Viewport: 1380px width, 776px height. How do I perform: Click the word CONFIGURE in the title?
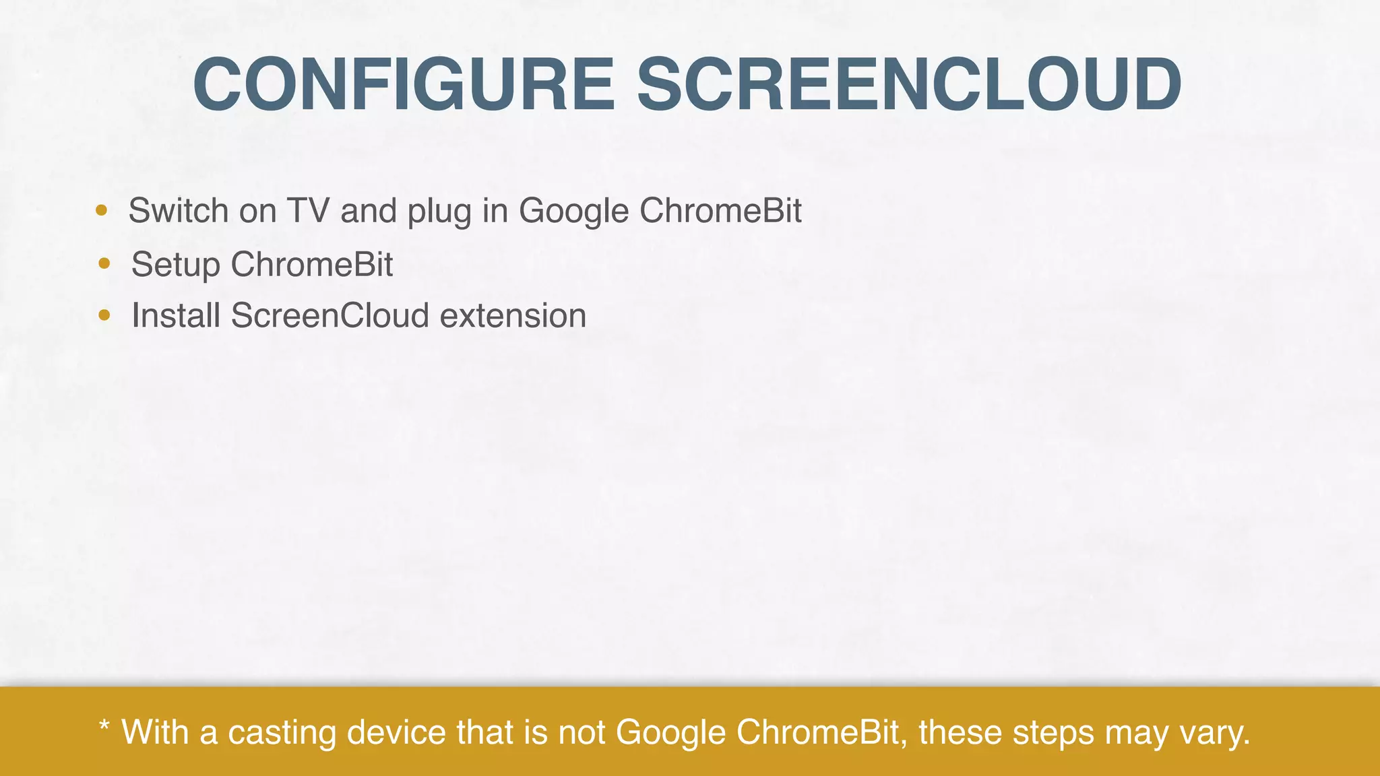(403, 85)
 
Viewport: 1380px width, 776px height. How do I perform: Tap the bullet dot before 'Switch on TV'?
(101, 210)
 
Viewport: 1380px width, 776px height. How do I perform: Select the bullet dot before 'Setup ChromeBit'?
(104, 263)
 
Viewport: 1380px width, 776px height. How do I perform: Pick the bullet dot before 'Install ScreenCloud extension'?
(104, 315)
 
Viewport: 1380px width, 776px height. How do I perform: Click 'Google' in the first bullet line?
(573, 212)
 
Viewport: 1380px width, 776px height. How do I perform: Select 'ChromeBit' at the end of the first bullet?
(720, 210)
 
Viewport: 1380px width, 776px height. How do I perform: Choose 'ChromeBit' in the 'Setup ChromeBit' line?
(312, 263)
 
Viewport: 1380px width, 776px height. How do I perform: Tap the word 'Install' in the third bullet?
(176, 315)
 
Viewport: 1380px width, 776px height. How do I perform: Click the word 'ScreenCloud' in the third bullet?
(330, 315)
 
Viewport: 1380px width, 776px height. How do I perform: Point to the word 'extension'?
(513, 315)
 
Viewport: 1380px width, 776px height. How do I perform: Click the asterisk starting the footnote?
(104, 727)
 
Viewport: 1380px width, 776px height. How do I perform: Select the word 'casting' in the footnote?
(282, 733)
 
